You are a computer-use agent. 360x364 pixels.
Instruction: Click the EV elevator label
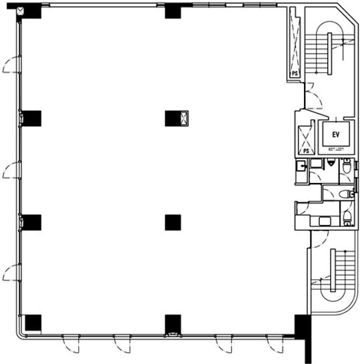pos(336,135)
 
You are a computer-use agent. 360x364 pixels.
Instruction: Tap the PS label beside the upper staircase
pos(295,74)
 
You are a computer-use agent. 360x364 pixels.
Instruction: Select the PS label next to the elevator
pos(306,151)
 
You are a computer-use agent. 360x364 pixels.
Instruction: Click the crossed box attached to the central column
pos(184,118)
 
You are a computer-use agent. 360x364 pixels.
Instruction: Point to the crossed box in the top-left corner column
pos(21,11)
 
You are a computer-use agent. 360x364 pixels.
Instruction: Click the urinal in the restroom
pos(331,162)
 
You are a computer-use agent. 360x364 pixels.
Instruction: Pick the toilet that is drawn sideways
pos(346,194)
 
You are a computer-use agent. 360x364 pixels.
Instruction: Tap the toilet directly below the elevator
pos(347,165)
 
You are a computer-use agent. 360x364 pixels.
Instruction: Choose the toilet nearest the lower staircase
pos(347,218)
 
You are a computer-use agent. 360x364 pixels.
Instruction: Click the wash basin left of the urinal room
pos(301,166)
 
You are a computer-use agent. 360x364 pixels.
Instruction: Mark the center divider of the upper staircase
pos(329,54)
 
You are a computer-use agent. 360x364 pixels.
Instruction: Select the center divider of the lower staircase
pos(333,270)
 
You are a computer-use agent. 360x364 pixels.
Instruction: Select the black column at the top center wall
pos(173,11)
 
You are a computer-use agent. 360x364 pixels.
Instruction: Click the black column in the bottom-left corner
pos(33,323)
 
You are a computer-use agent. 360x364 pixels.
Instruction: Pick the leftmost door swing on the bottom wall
pos(71,344)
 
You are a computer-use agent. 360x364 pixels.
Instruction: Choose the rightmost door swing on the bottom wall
pos(275,344)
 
